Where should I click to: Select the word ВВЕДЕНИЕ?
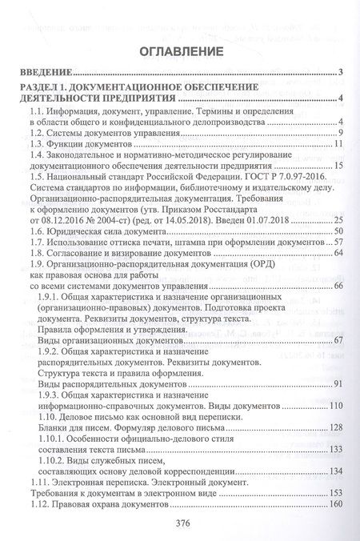click(x=45, y=72)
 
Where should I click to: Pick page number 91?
click(x=337, y=383)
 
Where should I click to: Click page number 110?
click(x=334, y=406)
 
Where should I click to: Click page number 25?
click(x=337, y=219)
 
